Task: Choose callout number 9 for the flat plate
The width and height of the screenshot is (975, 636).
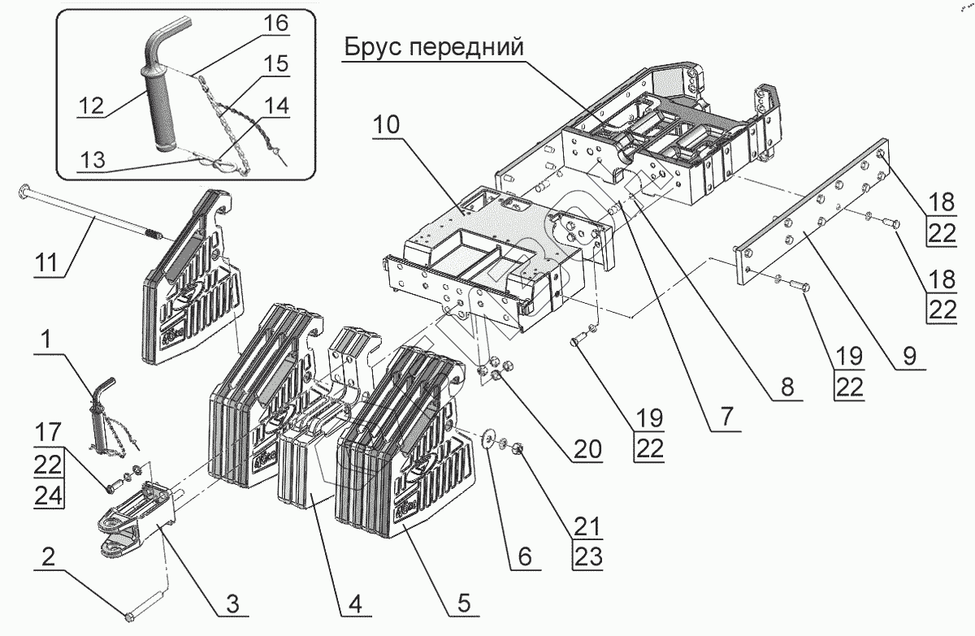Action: [x=909, y=356]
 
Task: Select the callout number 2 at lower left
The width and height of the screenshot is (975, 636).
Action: [x=49, y=557]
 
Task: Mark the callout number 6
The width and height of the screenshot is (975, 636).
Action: [x=525, y=557]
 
